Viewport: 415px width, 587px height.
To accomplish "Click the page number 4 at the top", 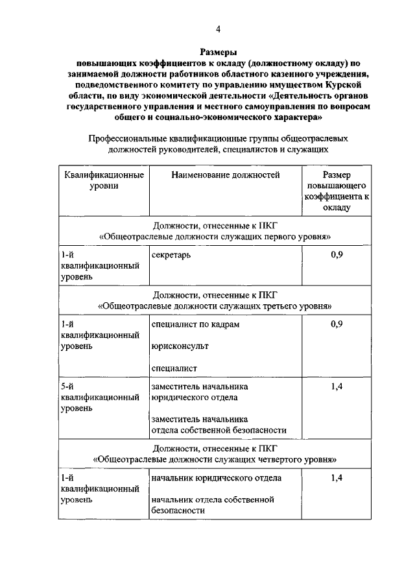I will (218, 29).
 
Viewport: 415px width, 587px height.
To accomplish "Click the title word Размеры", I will (218, 53).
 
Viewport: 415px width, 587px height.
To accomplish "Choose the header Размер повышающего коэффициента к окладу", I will (336, 191).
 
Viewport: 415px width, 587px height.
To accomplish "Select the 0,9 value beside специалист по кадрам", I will (336, 324).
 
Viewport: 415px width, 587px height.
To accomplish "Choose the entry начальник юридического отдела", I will (216, 478).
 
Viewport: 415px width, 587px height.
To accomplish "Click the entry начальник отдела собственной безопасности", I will (213, 505).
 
